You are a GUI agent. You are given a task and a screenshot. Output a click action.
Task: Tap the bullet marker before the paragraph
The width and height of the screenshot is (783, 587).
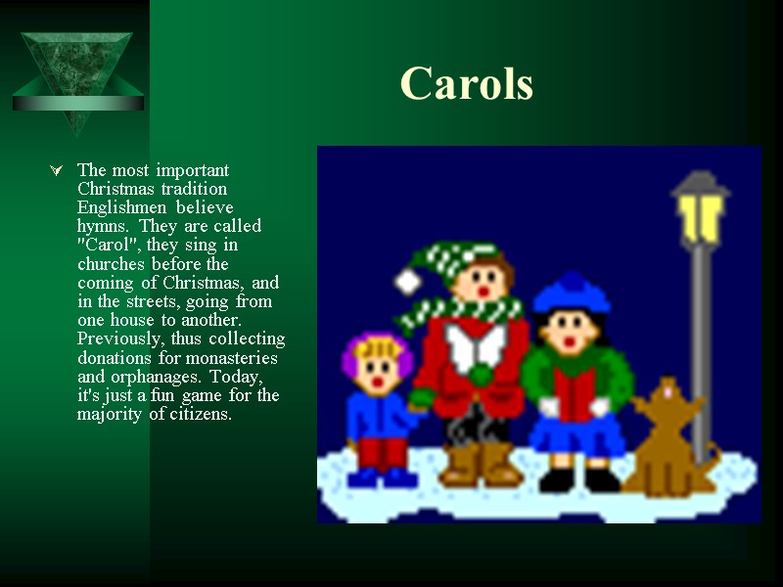coord(56,171)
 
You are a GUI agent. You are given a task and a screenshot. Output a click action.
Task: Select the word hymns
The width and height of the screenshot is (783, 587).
coord(98,226)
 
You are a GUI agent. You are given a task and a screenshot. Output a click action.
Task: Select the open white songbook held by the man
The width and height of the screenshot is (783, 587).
coord(475,345)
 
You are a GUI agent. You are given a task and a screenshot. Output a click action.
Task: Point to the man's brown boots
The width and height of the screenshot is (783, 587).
coord(479,465)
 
